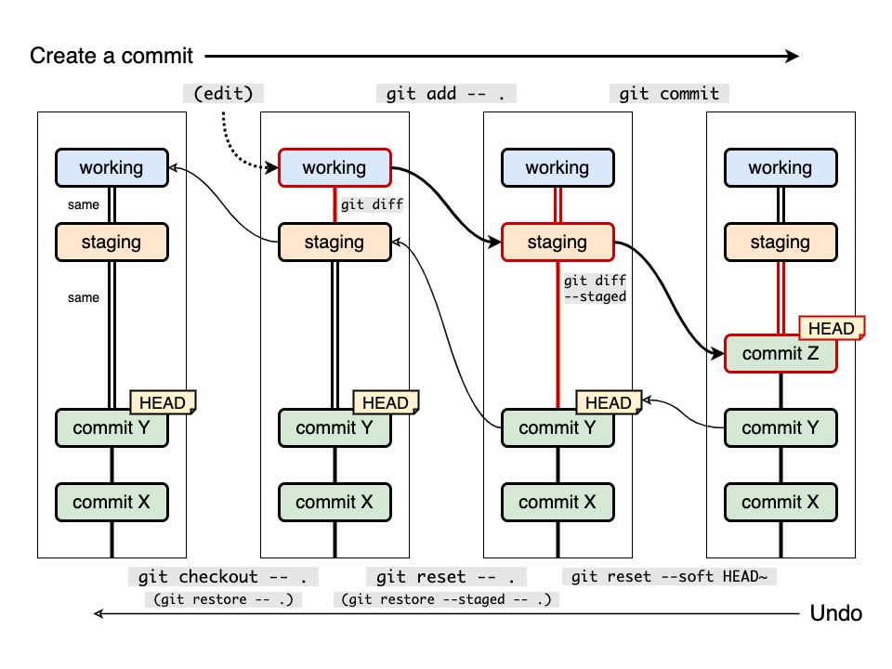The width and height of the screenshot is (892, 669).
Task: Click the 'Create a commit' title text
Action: pyautogui.click(x=111, y=56)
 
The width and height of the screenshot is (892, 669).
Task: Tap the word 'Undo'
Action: pyautogui.click(x=835, y=613)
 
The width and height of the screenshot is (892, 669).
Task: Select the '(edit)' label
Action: pyautogui.click(x=223, y=93)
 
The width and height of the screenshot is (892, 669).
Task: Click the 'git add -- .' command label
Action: pyautogui.click(x=446, y=93)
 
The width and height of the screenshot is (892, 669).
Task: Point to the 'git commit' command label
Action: pyautogui.click(x=669, y=93)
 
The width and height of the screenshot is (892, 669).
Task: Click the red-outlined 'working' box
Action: pyautogui.click(x=334, y=168)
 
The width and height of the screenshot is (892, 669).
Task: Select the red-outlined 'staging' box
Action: pyautogui.click(x=557, y=243)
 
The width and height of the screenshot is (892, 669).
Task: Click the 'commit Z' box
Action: pyautogui.click(x=780, y=354)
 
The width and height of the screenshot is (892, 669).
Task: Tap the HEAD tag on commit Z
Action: pyautogui.click(x=832, y=328)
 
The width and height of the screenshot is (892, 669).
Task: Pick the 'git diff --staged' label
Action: pyautogui.click(x=595, y=288)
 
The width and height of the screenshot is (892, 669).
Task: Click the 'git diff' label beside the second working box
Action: pyautogui.click(x=372, y=204)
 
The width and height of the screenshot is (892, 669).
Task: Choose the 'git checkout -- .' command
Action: pyautogui.click(x=223, y=577)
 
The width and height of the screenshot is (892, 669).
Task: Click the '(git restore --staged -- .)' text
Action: pyautogui.click(x=446, y=599)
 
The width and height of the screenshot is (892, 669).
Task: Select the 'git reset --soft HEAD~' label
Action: pyautogui.click(x=669, y=577)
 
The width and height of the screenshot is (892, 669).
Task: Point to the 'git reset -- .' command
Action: pyautogui.click(x=446, y=577)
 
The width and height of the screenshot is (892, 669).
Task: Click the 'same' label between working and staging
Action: pyautogui.click(x=83, y=204)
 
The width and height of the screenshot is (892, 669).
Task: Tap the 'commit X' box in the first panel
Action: pyautogui.click(x=111, y=503)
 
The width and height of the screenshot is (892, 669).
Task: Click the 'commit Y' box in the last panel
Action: pyautogui.click(x=780, y=427)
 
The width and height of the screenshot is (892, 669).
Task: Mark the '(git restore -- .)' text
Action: pyautogui.click(x=223, y=599)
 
